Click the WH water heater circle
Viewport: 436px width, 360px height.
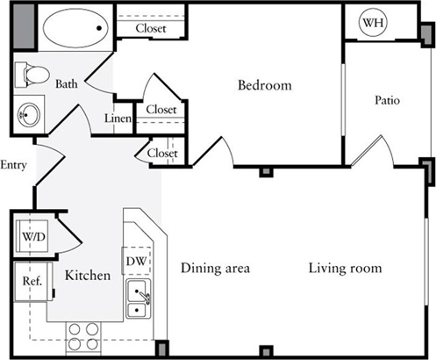[373, 23]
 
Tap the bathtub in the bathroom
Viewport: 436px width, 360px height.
[75, 28]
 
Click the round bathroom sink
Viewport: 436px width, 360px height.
[28, 115]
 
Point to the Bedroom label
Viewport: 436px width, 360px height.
[265, 85]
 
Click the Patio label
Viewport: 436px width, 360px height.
[387, 100]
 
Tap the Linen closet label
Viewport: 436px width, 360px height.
[118, 119]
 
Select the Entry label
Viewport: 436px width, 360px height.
[13, 165]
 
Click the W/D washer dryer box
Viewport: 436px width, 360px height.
[32, 236]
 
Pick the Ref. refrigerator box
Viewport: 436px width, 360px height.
[33, 282]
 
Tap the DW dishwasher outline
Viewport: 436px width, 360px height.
[137, 261]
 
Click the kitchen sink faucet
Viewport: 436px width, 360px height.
[145, 297]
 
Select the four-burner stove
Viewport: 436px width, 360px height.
[83, 336]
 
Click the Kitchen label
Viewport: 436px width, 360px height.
[88, 276]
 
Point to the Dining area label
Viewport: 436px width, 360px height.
[215, 268]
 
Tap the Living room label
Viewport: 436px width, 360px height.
[345, 268]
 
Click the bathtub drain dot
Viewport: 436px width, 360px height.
[99, 28]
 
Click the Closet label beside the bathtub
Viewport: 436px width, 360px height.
[151, 28]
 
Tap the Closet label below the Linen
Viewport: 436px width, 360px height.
[162, 153]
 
